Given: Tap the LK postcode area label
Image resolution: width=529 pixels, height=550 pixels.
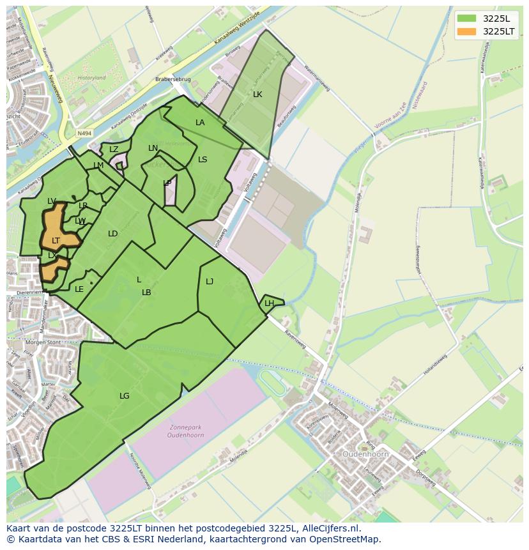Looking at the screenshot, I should (x=257, y=95).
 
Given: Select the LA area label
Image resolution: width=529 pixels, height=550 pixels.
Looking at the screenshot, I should (x=200, y=123).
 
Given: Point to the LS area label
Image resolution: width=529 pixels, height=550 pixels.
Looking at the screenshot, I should (x=203, y=160).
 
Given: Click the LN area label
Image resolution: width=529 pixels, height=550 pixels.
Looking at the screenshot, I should (x=153, y=148).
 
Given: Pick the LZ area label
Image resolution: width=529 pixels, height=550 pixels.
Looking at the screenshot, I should (x=114, y=149).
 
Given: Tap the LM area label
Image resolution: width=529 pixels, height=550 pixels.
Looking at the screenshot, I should (x=98, y=165).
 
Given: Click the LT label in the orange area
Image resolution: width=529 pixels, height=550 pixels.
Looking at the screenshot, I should (x=56, y=241).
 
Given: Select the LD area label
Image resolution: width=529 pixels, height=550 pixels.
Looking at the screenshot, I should (x=112, y=234).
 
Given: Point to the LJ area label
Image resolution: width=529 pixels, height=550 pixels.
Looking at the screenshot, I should (x=210, y=282).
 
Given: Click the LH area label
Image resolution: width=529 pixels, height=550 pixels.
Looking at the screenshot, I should (x=269, y=303).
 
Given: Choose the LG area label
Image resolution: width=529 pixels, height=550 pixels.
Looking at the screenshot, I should (x=124, y=396).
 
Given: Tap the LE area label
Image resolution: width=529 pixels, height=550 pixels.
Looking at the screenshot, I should (x=79, y=289).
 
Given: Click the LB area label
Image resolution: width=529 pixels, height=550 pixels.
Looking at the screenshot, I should (x=146, y=293).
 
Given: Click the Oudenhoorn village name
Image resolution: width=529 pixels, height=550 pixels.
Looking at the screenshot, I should (x=366, y=454).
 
